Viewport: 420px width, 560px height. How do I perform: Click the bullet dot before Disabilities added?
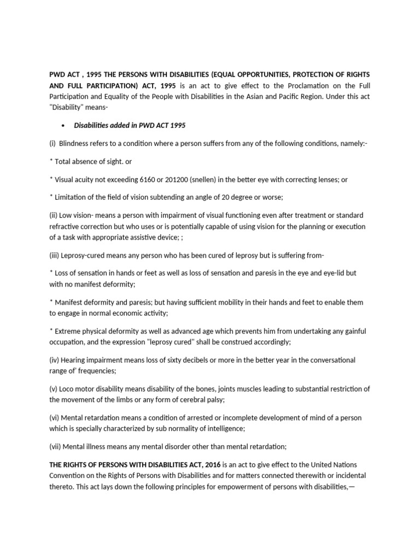click(x=65, y=126)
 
